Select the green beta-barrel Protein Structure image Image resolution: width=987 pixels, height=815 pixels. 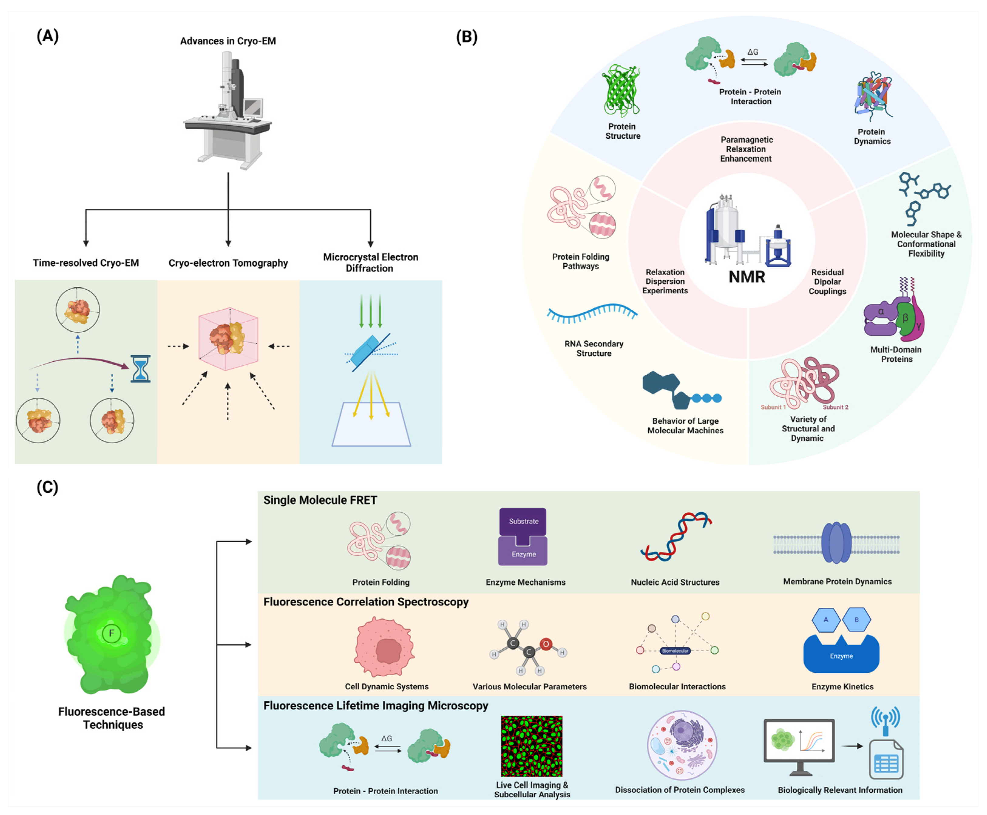622,91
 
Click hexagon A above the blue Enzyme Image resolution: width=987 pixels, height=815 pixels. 826,619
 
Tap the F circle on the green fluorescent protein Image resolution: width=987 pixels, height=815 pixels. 111,633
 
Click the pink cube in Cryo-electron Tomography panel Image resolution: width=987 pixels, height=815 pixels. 228,339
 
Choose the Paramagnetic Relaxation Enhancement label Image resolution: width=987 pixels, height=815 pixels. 746,149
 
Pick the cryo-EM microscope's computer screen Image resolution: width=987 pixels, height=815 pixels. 253,107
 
